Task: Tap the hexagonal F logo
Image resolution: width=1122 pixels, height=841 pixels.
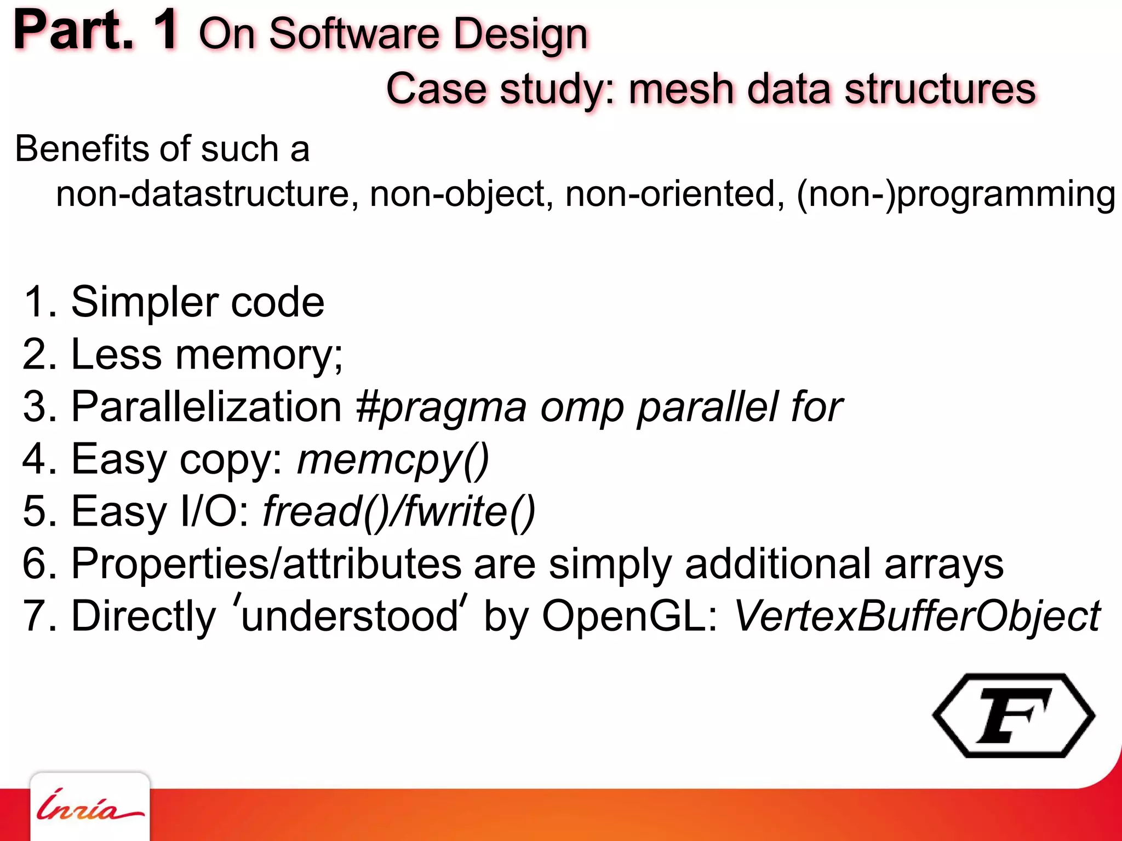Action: coord(1014,716)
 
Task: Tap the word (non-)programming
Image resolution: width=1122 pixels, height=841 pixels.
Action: coord(956,195)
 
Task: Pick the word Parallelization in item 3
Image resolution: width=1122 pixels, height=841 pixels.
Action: coord(207,407)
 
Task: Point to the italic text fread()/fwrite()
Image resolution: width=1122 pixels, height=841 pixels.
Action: coord(399,511)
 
